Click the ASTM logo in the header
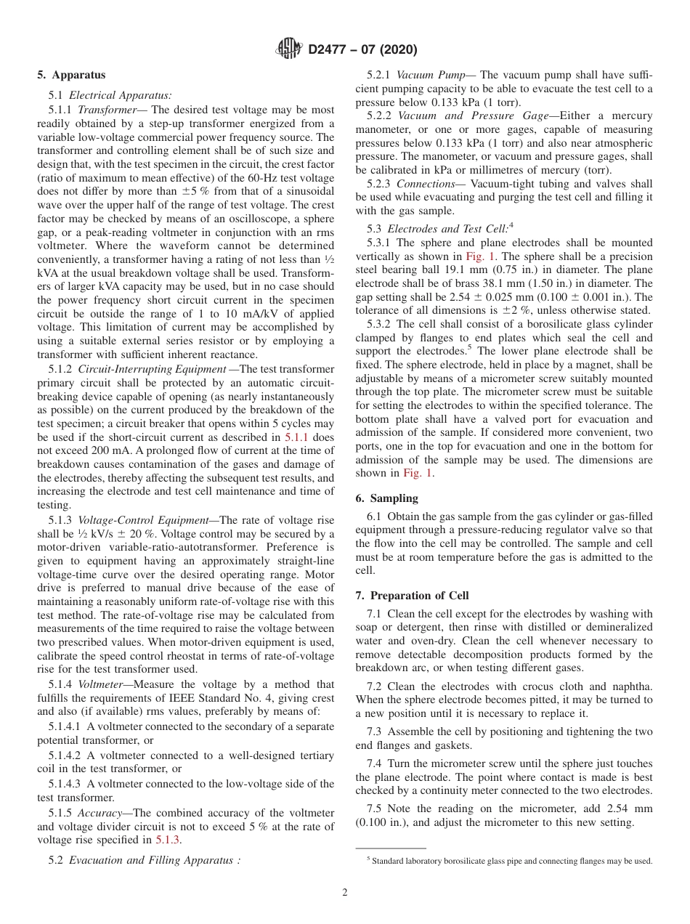290,49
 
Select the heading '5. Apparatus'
71,75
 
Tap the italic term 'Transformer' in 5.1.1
102,110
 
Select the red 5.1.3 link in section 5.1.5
169,840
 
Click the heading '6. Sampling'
386,498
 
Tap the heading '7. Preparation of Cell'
412,596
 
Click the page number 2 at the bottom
345,893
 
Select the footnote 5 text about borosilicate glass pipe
511,861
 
